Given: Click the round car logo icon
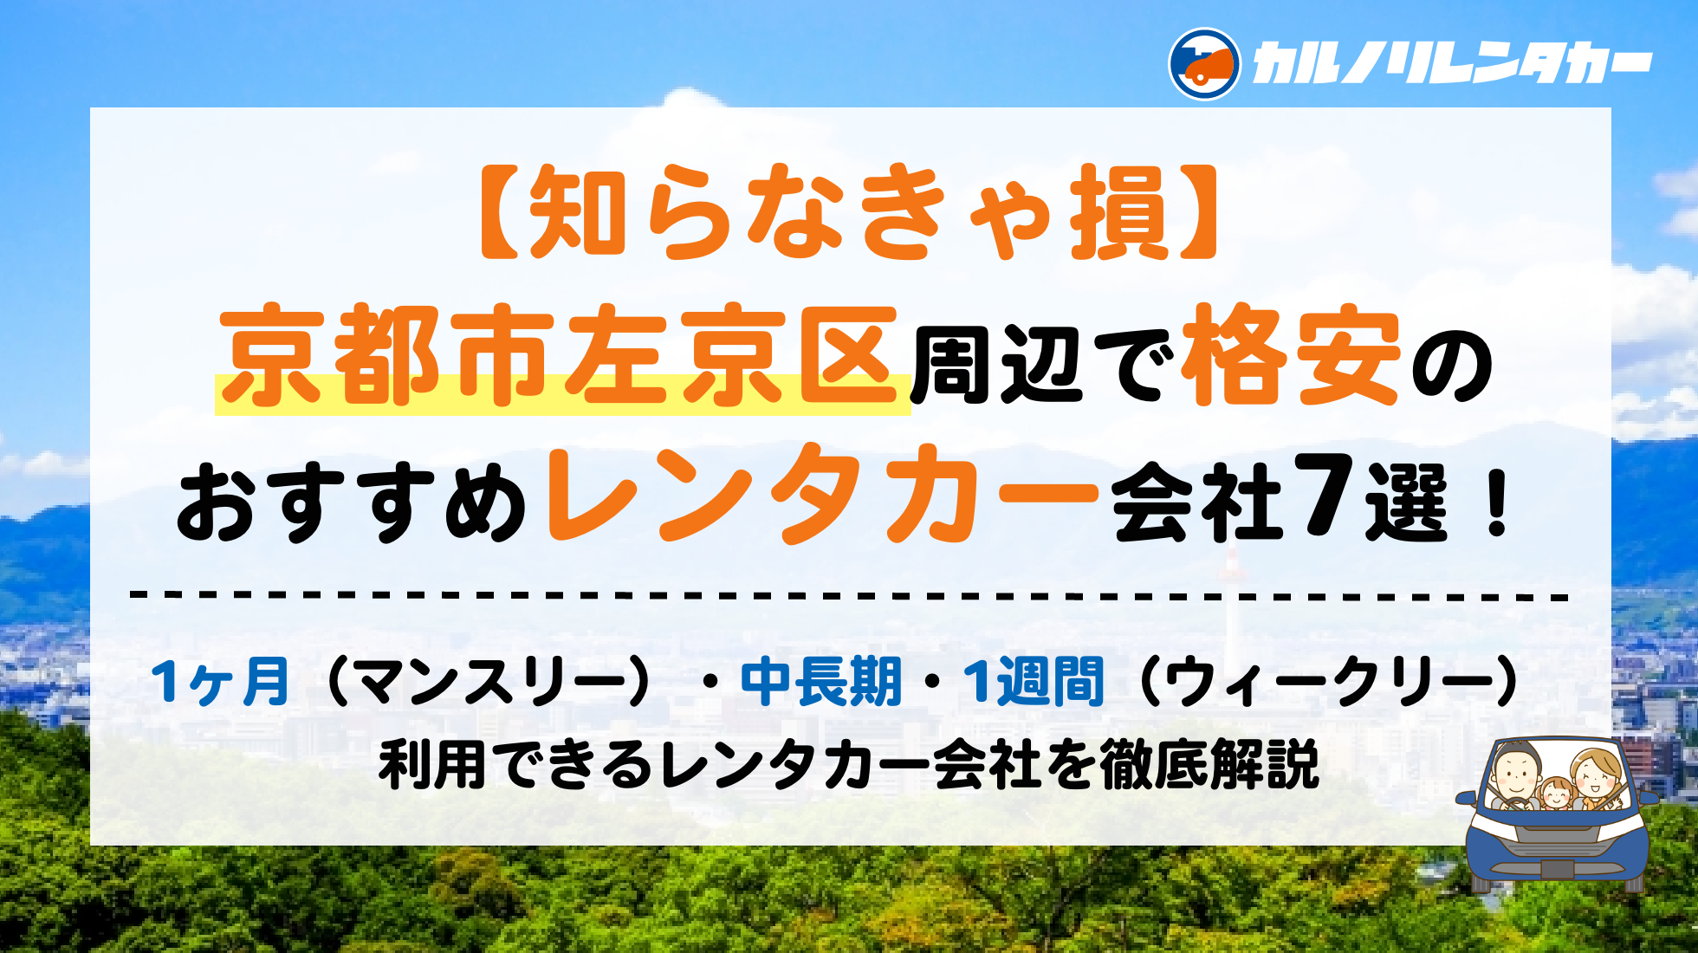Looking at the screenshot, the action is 1203,64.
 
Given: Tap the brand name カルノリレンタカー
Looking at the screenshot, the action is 1452,65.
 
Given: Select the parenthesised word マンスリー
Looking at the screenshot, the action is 489,683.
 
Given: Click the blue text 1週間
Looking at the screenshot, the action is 1034,682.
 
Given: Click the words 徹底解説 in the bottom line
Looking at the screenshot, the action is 1209,764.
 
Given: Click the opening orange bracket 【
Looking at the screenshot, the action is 501,212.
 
